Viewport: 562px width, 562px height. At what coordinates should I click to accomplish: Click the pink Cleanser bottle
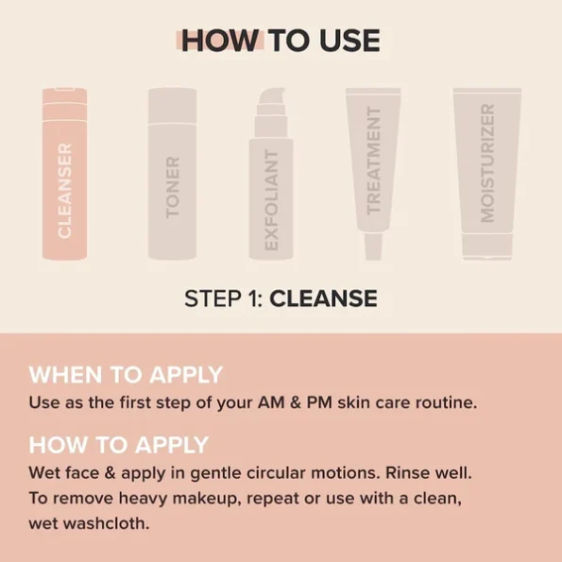coord(64,175)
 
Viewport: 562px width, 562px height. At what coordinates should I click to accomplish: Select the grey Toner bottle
coord(172,175)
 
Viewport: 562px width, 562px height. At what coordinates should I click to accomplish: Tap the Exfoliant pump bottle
coord(271,189)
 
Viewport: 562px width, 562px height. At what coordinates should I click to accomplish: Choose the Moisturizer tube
coord(486,165)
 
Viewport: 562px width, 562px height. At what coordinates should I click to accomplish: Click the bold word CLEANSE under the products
coord(324,299)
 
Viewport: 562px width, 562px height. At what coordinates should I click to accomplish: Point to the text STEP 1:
coord(224,299)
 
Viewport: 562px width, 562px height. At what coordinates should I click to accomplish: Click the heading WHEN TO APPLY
coord(126,374)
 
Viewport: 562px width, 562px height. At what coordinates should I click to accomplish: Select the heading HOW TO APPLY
coord(119,445)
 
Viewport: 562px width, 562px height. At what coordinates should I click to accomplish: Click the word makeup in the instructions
coord(213,498)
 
